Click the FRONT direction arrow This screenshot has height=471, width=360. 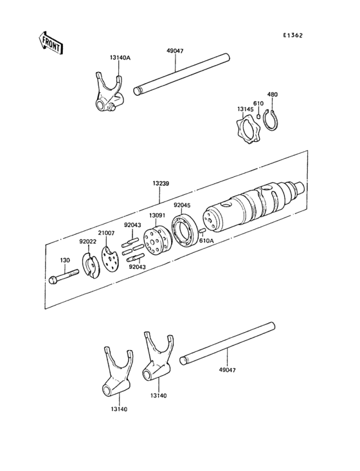coord(50,43)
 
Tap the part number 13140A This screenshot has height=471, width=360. coord(120,58)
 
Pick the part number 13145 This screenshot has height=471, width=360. coord(245,109)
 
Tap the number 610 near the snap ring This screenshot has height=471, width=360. coord(258,104)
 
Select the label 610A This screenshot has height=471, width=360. coord(206,241)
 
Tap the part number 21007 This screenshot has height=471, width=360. coord(106,233)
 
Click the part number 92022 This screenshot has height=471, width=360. coord(87,242)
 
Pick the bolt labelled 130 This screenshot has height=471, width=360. coord(62,277)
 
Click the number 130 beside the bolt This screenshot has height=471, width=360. coord(65,261)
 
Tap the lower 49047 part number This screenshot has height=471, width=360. coord(228,371)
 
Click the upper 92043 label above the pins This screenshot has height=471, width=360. coord(132,225)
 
